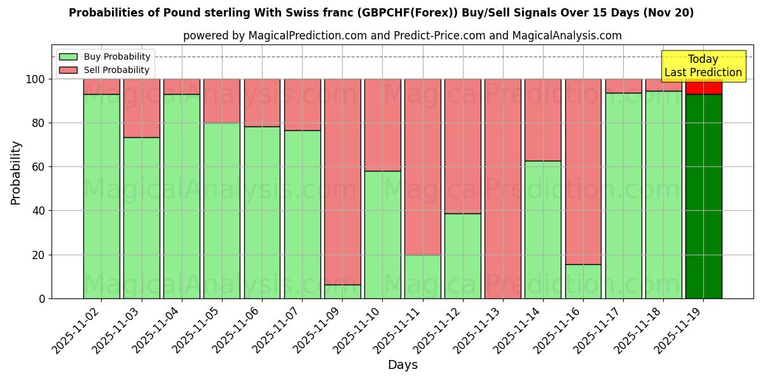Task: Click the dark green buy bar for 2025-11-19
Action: tap(703, 197)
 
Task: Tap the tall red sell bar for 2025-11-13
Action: tap(502, 189)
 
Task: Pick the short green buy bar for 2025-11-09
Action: tap(342, 291)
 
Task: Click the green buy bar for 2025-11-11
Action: tap(422, 277)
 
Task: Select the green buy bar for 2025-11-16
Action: tap(583, 281)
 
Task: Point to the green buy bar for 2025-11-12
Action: tap(462, 256)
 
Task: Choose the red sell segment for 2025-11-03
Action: tap(141, 108)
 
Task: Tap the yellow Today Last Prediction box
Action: tap(703, 66)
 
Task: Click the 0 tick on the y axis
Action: tap(41, 298)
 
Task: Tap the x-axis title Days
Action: tap(402, 365)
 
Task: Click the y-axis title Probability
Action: tap(16, 173)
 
